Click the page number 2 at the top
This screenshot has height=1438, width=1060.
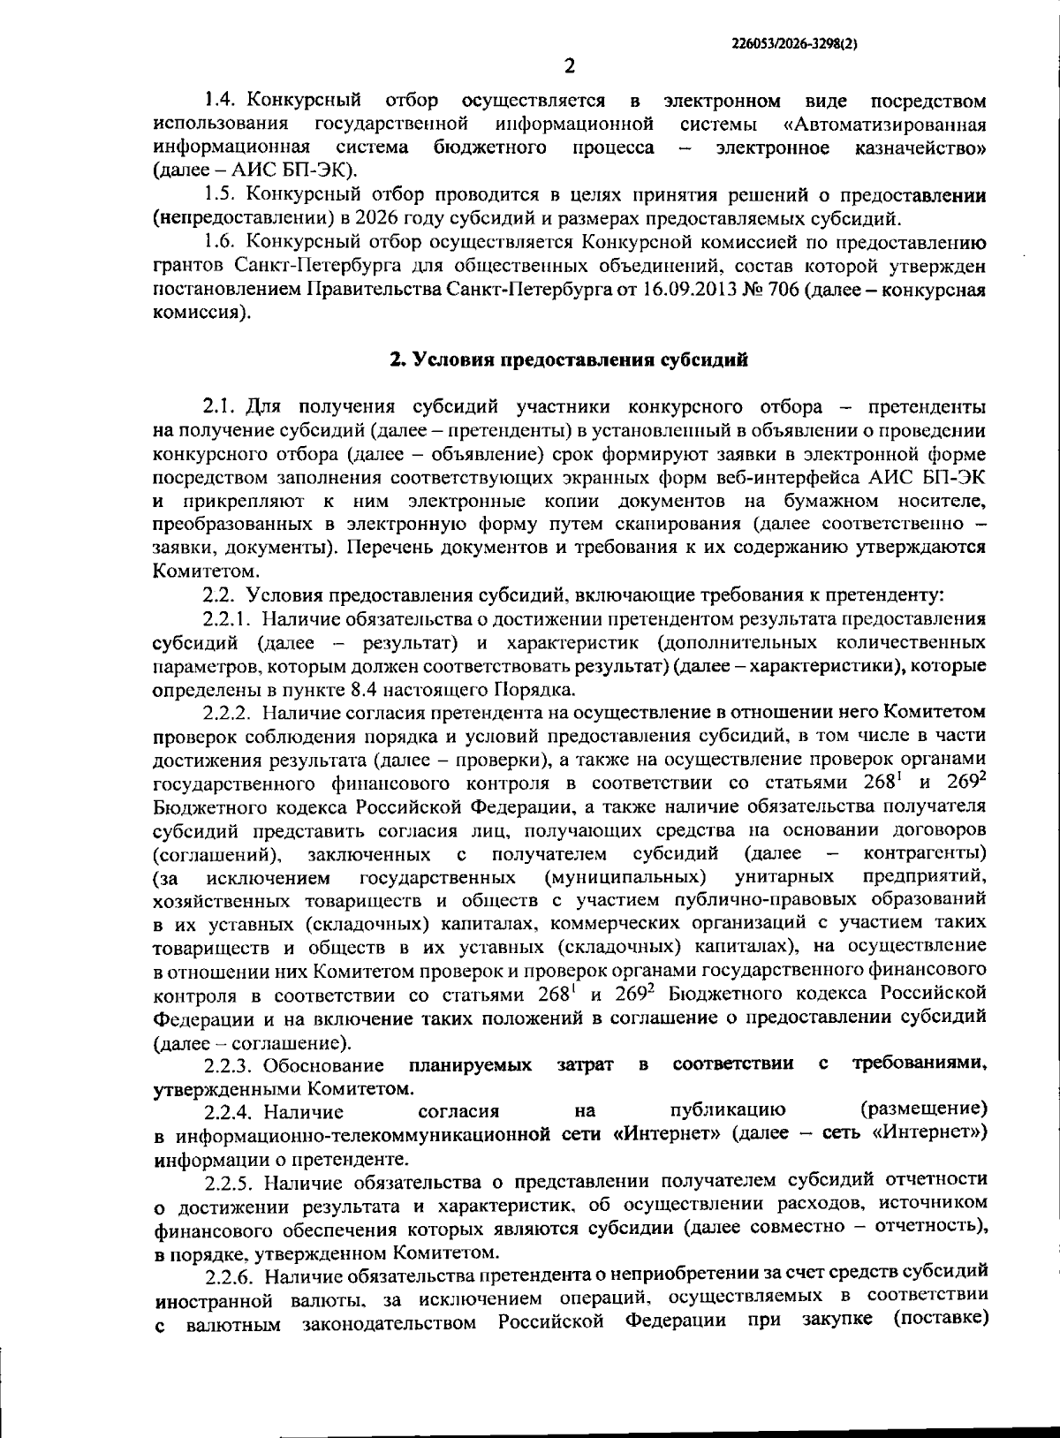tap(569, 66)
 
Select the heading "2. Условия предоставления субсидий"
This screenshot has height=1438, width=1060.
tap(570, 359)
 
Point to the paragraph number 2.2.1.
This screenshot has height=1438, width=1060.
tap(228, 618)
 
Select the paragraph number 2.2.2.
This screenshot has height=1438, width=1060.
tap(228, 712)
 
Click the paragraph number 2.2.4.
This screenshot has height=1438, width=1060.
tap(228, 1110)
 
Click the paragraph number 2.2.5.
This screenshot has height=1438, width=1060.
tap(228, 1181)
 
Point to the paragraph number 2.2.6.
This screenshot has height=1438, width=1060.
tap(228, 1274)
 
